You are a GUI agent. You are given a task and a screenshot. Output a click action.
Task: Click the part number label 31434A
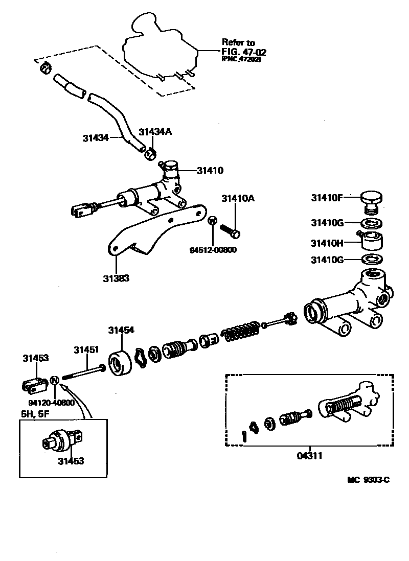tap(155, 132)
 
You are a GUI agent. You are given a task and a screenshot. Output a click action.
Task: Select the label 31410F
tap(327, 197)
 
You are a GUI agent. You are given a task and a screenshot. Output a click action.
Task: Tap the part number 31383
tap(116, 278)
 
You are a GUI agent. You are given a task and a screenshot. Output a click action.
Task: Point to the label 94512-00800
tap(213, 250)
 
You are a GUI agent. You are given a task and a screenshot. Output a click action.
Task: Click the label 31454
tap(121, 330)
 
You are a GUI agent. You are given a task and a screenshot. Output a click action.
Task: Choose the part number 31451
tap(85, 350)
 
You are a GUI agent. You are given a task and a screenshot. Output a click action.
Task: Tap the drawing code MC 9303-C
tap(369, 480)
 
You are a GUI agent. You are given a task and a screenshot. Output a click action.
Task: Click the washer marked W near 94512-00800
tap(213, 221)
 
